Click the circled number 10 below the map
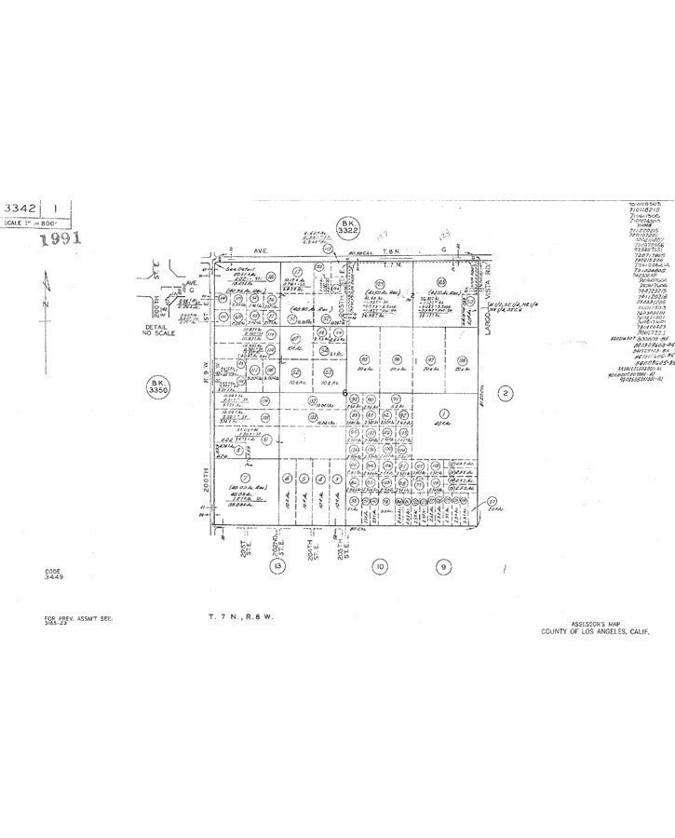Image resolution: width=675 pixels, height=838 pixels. [x=379, y=565]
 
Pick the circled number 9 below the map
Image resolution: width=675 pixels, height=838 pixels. [x=444, y=565]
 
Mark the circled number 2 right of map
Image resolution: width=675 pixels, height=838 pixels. [x=505, y=420]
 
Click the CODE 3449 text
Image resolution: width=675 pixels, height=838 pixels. [x=53, y=574]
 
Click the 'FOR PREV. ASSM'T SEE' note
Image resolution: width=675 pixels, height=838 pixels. [x=78, y=618]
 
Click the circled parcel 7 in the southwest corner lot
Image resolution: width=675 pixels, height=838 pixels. [x=244, y=478]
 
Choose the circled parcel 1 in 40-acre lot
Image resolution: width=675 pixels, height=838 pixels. [x=443, y=439]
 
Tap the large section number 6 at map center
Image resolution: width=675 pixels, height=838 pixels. [x=344, y=419]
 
